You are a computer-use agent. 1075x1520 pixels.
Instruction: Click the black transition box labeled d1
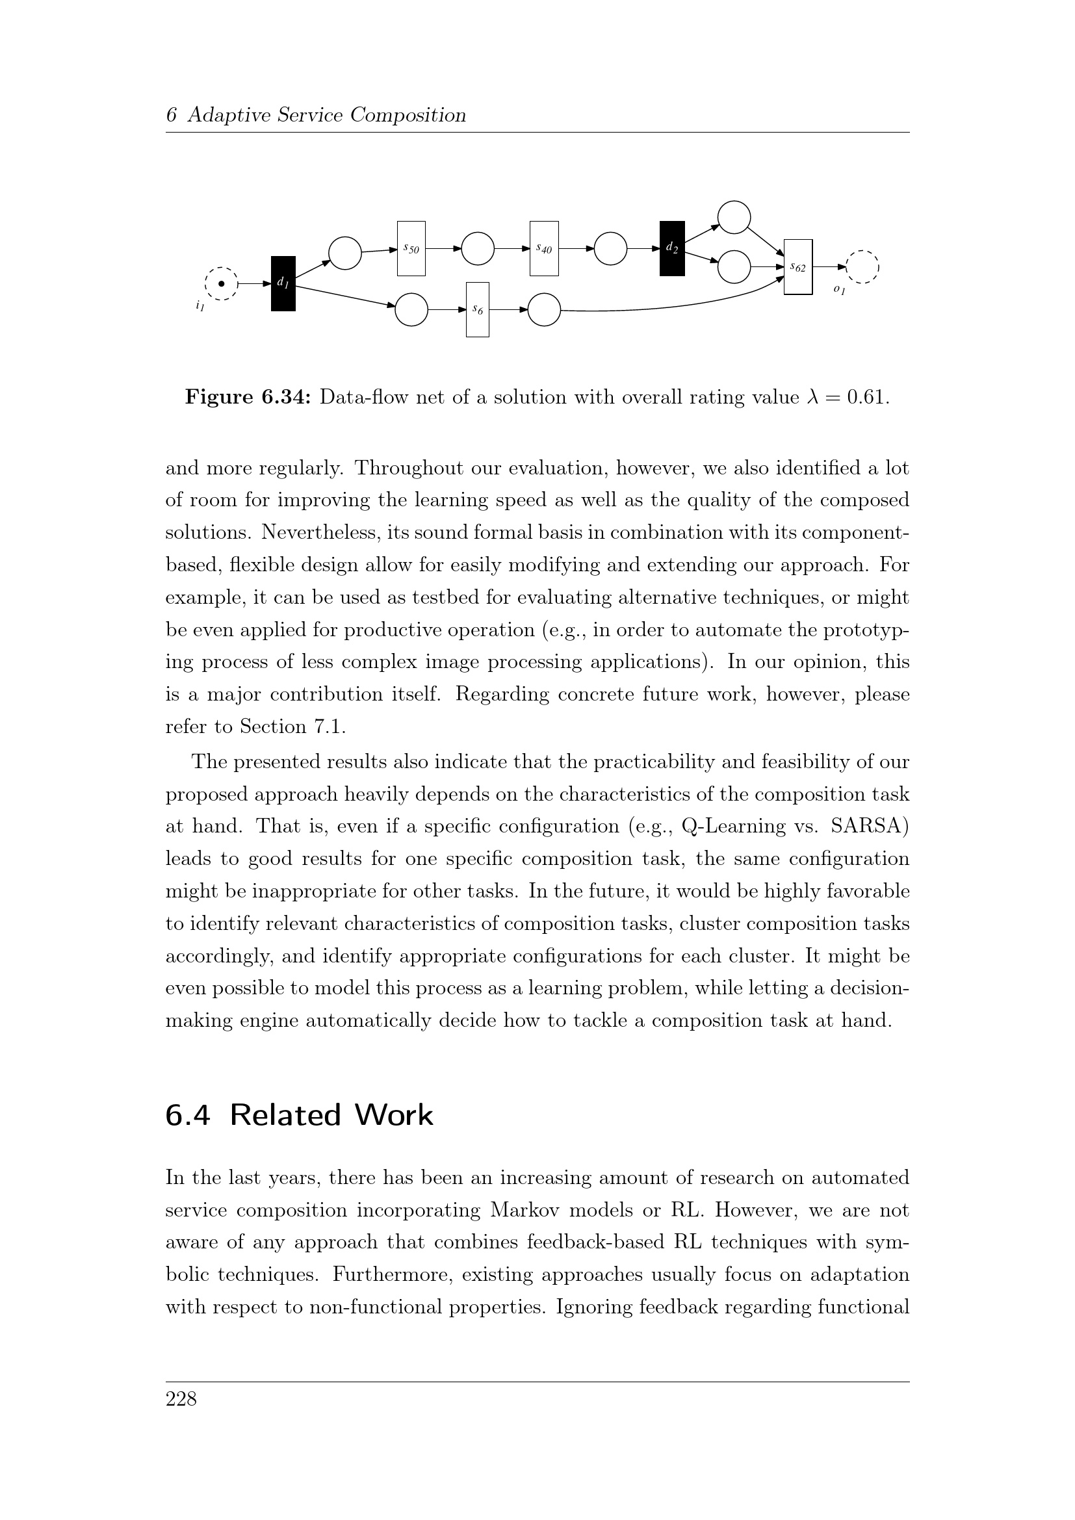[x=283, y=283]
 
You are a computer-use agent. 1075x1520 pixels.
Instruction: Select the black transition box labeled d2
[x=672, y=248]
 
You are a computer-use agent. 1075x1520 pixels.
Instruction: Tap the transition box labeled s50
[x=411, y=248]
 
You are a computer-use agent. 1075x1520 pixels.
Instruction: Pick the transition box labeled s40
[x=544, y=248]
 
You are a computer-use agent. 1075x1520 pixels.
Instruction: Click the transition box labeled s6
[x=477, y=309]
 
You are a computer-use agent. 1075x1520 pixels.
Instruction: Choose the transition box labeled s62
[x=797, y=267]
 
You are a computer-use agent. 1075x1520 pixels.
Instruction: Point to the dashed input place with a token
[x=222, y=284]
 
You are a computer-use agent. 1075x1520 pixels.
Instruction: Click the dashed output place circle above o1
[x=862, y=268]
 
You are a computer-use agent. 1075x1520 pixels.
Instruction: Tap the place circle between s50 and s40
[x=478, y=248]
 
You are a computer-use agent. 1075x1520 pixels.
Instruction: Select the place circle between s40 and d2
[x=610, y=248]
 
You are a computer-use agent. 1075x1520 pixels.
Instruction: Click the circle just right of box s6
[x=544, y=309]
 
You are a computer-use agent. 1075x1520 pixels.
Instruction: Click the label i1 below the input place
[x=200, y=306]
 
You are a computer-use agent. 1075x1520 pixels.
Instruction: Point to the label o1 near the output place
[x=838, y=289]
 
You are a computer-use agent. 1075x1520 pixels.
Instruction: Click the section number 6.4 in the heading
[x=187, y=1116]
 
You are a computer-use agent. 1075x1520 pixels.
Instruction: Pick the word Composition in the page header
[x=408, y=115]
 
